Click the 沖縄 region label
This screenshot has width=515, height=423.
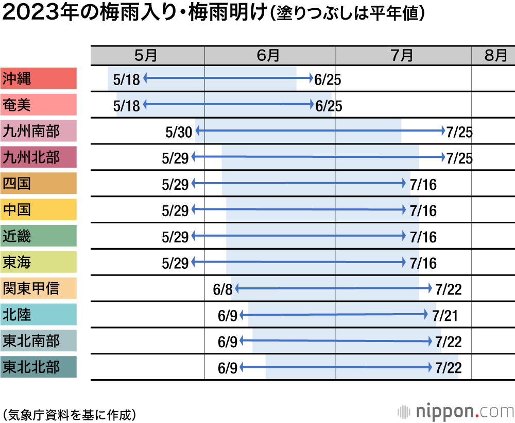38,79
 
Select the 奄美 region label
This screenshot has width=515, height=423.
38,105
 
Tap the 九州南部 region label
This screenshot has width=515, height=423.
38,132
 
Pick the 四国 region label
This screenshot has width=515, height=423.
38,184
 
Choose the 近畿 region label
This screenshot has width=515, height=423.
38,236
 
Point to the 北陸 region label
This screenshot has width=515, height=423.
38,315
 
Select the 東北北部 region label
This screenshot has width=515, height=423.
38,367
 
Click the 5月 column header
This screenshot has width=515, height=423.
147,55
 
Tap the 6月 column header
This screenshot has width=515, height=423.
269,55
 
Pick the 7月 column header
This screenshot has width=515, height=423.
403,55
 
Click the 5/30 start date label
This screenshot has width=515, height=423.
179,132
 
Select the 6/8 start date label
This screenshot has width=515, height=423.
223,289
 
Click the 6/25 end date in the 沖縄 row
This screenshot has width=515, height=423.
328,80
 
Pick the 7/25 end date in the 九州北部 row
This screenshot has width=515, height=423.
459,158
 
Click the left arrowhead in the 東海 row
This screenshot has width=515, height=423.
194,263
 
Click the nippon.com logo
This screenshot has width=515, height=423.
456,412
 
